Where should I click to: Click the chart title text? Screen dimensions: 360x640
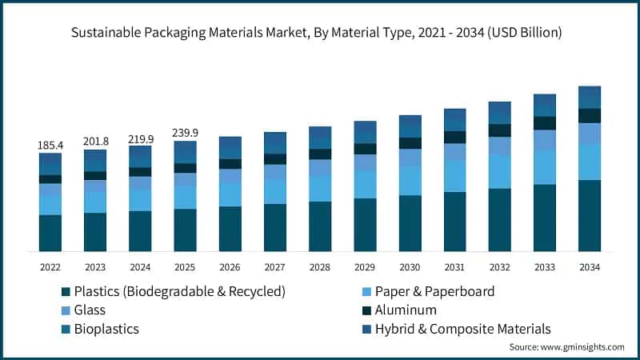[320, 33]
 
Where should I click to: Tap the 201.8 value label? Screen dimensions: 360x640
[94, 142]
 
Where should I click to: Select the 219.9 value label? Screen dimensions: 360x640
[140, 138]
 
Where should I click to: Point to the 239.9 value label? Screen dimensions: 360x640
[185, 134]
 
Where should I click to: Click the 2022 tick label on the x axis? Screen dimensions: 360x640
[50, 266]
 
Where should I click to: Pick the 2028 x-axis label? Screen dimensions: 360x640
[320, 266]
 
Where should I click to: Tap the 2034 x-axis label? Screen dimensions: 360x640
[590, 266]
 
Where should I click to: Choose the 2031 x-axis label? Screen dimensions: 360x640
[454, 266]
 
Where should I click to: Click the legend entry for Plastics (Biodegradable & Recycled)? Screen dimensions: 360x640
[179, 291]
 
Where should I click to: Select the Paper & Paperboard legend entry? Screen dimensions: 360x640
[437, 291]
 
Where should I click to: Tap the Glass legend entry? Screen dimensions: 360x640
[90, 310]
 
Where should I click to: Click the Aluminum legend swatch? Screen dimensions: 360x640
[369, 310]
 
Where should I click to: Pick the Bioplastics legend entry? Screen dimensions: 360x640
[106, 329]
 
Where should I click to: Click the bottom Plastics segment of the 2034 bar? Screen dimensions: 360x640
[590, 216]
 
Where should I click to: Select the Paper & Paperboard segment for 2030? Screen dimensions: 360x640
[410, 181]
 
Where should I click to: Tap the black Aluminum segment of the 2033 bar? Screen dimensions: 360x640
[545, 123]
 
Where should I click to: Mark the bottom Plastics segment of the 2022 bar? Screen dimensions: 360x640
[50, 233]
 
